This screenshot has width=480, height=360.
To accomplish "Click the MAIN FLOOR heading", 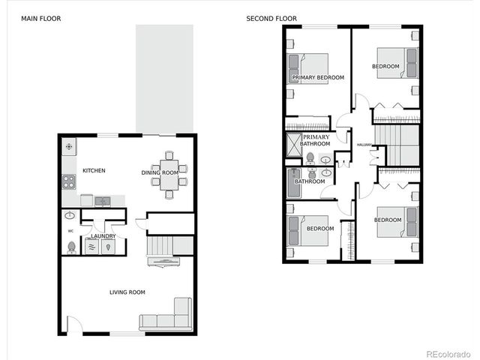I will click(41, 18).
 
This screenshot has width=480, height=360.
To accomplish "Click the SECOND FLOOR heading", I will click(271, 18).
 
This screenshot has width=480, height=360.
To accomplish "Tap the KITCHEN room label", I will click(94, 171).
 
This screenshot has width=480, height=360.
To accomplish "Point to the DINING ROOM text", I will click(160, 173).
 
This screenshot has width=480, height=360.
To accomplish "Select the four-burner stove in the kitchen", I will click(68, 181).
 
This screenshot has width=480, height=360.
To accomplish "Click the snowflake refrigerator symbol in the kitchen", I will click(69, 146).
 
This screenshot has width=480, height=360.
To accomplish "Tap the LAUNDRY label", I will click(103, 236).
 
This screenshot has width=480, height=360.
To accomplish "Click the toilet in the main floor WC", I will click(71, 247).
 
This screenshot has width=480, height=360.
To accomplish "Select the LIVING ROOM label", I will click(127, 292).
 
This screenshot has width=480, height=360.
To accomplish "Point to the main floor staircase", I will click(159, 244).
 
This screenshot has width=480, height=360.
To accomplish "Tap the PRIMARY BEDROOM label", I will click(318, 78).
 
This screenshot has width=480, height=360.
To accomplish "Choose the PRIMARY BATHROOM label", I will click(316, 140).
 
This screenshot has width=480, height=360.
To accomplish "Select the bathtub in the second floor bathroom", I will click(292, 181).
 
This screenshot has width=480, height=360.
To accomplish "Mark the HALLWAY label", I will click(364, 145).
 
